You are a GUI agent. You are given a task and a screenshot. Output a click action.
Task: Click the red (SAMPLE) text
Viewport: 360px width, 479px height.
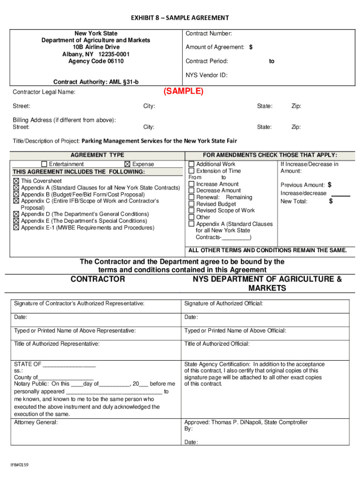tap(183, 91)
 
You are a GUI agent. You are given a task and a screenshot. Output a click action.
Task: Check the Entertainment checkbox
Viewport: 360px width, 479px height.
tap(44, 164)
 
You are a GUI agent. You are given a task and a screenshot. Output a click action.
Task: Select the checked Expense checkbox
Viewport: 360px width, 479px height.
tap(127, 164)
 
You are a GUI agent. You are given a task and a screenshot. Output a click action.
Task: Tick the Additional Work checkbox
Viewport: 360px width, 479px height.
tap(192, 164)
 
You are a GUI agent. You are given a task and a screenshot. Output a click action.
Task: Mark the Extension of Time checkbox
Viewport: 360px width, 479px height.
tap(192, 171)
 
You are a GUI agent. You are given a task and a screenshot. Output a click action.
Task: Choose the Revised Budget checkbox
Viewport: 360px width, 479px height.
tap(192, 204)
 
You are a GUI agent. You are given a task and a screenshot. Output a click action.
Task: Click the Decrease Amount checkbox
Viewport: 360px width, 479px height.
tap(192, 191)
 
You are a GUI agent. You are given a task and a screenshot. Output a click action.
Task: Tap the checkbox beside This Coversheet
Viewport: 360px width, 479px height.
tap(16, 181)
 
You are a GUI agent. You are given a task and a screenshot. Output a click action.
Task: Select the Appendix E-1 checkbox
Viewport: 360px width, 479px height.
tap(16, 228)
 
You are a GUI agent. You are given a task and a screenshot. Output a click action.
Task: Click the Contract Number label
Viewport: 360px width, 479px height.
tap(209, 34)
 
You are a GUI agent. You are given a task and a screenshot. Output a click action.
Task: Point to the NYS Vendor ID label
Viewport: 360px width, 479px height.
tap(206, 75)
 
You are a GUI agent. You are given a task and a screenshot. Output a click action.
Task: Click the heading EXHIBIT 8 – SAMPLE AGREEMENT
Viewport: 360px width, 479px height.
tap(180, 18)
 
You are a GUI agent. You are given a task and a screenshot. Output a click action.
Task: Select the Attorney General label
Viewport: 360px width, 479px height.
tap(36, 422)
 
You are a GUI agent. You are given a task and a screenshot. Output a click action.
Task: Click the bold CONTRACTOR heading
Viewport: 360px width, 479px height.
tap(98, 279)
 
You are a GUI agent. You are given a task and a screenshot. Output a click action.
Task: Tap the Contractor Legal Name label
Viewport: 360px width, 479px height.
tap(44, 92)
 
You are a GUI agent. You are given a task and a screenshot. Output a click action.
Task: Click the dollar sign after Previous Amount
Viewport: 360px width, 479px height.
tap(330, 185)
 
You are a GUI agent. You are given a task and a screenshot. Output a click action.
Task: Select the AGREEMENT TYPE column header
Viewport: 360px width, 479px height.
tap(97, 155)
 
